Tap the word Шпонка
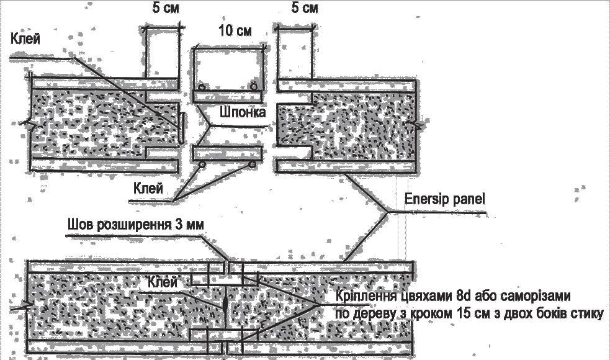click(242, 113)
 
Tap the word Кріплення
click(366, 295)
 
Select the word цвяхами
click(428, 295)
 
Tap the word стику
click(586, 313)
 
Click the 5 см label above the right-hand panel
click(304, 9)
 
